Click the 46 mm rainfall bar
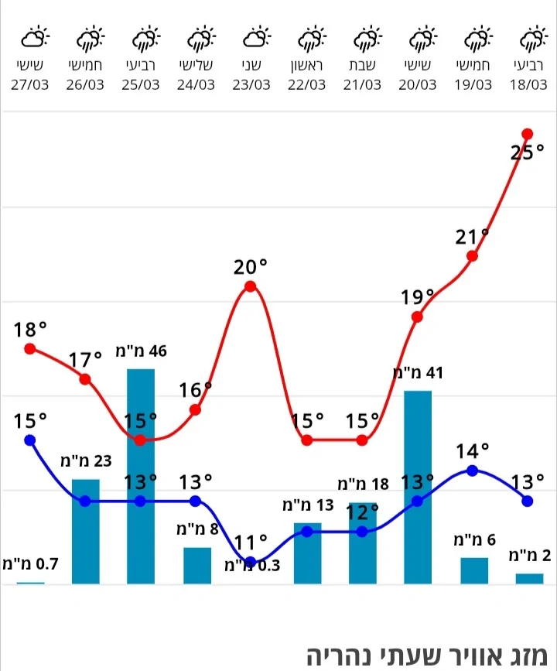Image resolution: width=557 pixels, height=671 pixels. pos(141,476)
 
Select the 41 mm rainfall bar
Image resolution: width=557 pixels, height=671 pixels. pos(418,488)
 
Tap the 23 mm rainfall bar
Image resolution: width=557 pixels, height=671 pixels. pos(85,532)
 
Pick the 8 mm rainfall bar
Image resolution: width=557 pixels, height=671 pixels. pos(196,566)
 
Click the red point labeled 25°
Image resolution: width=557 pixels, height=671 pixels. pos(528,134)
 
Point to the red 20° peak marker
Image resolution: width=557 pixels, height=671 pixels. pos(250,286)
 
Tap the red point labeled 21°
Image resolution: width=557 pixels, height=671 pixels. pos(472,256)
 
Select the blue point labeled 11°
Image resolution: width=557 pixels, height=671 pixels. pos(250,563)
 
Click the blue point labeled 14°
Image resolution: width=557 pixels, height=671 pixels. pos(472,470)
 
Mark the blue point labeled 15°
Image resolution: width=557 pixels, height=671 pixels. pos(30,440)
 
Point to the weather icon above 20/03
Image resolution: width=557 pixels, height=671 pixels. pos(422,37)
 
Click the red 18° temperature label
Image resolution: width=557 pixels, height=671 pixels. pos(30,329)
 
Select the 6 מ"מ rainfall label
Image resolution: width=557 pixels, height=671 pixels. pos(473,540)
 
